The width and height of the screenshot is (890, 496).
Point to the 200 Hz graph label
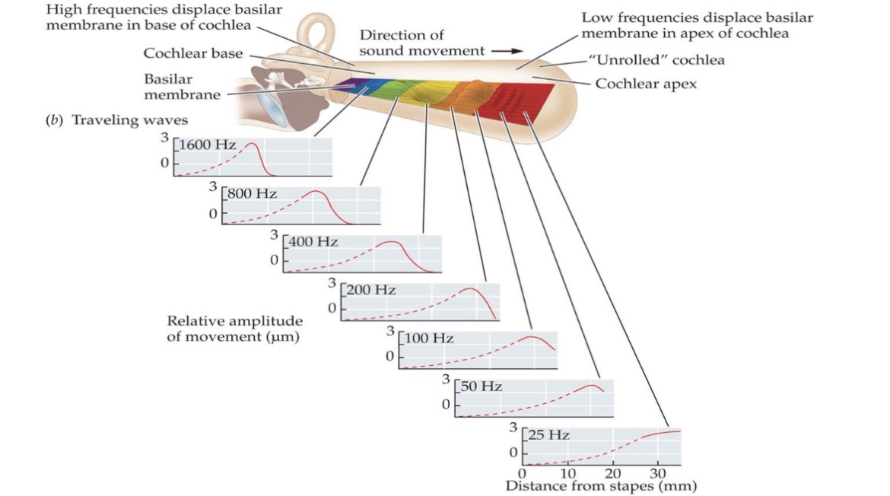tap(371, 291)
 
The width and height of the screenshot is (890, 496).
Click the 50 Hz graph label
tap(482, 386)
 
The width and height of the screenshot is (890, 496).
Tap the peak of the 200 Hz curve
tap(472, 289)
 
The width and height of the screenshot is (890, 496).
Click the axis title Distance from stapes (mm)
tap(601, 485)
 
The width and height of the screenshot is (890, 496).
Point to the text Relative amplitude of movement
tap(234, 329)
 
